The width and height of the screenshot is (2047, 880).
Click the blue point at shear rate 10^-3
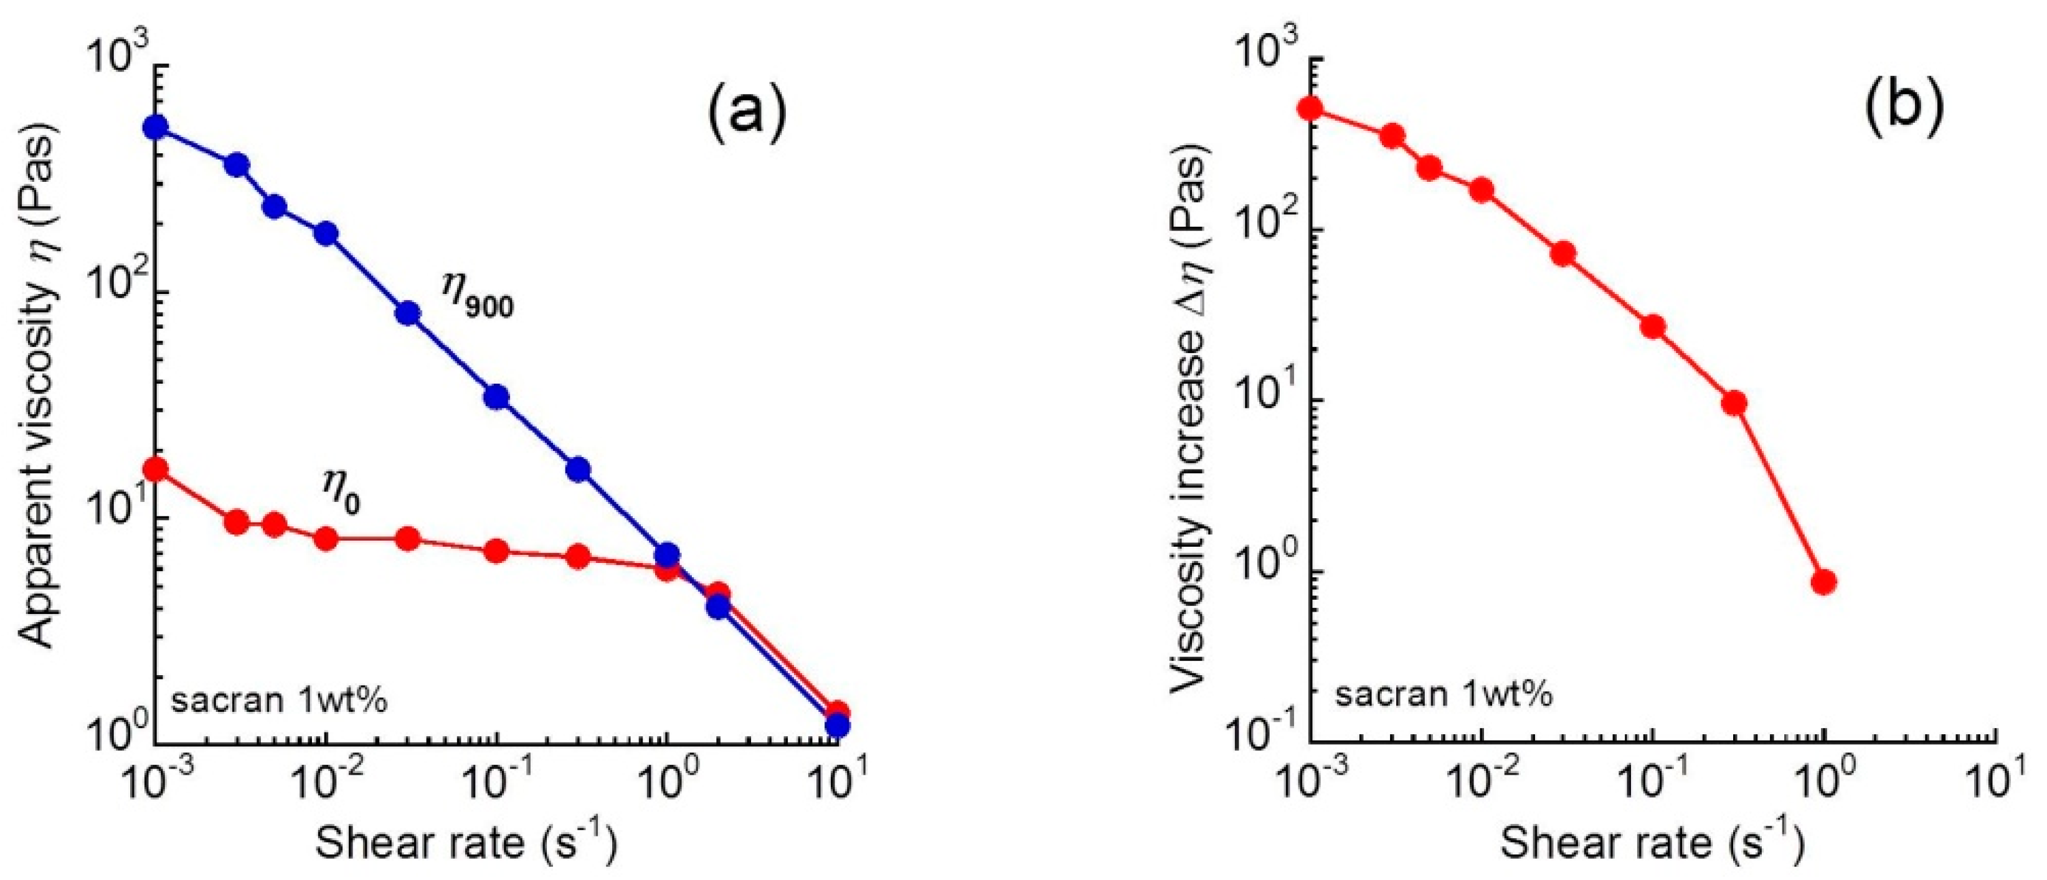[x=156, y=127]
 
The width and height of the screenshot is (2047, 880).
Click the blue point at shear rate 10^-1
[x=497, y=397]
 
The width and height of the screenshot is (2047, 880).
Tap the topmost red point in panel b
[x=1310, y=108]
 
